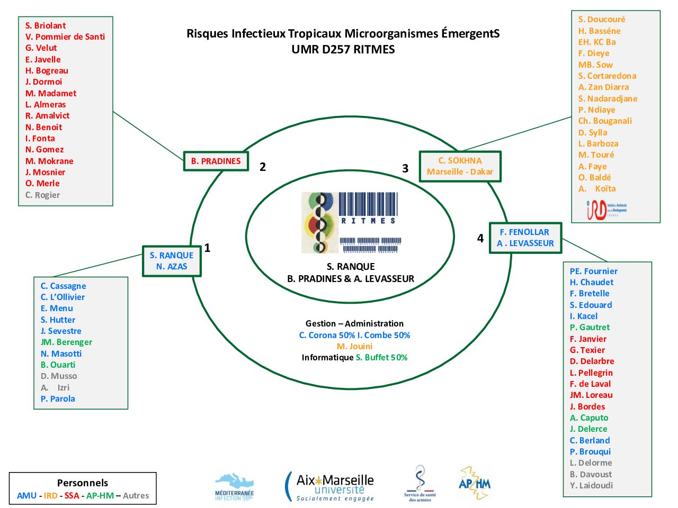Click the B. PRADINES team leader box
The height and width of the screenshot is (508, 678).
[216, 161]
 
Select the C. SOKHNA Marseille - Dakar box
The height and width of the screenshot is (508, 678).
[460, 166]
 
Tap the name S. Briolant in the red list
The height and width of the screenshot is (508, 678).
[46, 25]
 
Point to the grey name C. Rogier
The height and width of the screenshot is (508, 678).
[42, 195]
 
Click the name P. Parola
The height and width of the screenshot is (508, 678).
[58, 398]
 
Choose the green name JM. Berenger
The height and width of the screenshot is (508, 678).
[66, 342]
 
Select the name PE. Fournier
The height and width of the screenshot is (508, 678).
[593, 271]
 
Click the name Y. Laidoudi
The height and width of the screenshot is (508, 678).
[591, 485]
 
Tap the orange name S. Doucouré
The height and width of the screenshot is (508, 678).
[602, 19]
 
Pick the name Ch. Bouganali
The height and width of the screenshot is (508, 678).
[605, 121]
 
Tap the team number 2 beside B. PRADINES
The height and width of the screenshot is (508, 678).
[263, 167]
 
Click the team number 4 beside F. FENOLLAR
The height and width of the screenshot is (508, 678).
[480, 238]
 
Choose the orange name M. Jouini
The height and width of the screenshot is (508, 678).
[354, 346]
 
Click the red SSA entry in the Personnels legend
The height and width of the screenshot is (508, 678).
[72, 495]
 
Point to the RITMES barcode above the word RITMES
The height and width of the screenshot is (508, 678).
[368, 204]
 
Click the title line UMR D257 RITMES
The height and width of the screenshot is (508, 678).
[343, 49]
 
